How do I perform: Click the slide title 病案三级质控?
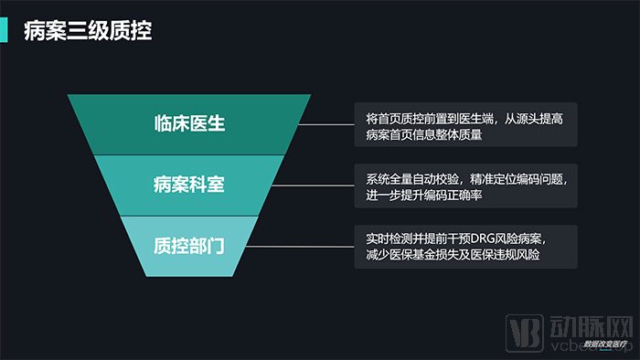pos(87,32)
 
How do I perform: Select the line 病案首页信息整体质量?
pos(423,135)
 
